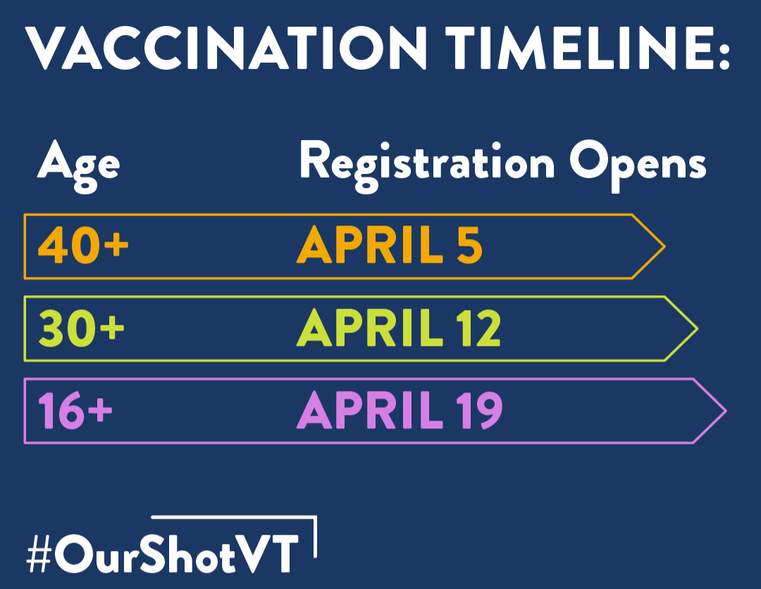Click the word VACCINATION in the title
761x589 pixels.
pyautogui.click(x=225, y=47)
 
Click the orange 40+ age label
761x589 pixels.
pyautogui.click(x=83, y=245)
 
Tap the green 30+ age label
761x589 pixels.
pyautogui.click(x=81, y=328)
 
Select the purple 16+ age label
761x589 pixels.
pyautogui.click(x=75, y=410)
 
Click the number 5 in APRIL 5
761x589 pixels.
pyautogui.click(x=469, y=245)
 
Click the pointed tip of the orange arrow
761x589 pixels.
pyautogui.click(x=664, y=247)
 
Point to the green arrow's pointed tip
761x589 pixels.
pyautogui.click(x=698, y=328)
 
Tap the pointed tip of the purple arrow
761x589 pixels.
pyautogui.click(x=726, y=411)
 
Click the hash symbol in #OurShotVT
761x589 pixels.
pyautogui.click(x=39, y=552)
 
